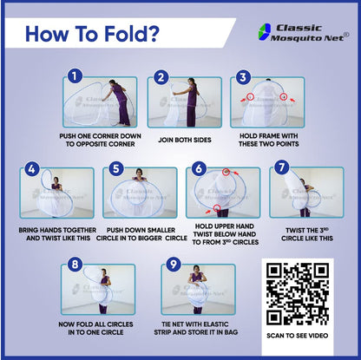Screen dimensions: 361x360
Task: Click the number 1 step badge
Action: pyautogui.click(x=75, y=76)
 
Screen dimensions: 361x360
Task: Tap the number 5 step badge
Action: pyautogui.click(x=116, y=168)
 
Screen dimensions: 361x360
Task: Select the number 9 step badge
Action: pyautogui.click(x=174, y=264)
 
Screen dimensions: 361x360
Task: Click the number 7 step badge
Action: pyautogui.click(x=282, y=167)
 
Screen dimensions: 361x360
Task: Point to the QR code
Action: pyautogui.click(x=298, y=293)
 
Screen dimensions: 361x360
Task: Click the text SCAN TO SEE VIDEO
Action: pyautogui.click(x=298, y=336)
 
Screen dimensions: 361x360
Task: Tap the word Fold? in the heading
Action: pyautogui.click(x=132, y=34)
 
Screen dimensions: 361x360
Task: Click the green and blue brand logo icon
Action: pyautogui.click(x=265, y=32)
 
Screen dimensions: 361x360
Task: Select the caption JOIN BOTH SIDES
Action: pyautogui.click(x=185, y=140)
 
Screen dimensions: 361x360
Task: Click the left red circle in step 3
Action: pyautogui.click(x=251, y=96)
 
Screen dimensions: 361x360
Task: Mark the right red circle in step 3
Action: pyautogui.click(x=284, y=96)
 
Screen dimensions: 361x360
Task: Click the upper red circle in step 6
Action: pyautogui.click(x=226, y=172)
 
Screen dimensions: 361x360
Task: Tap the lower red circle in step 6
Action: pyautogui.click(x=217, y=207)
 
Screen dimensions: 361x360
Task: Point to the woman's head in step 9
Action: pyautogui.click(x=197, y=269)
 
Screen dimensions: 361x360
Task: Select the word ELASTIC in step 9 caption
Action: pyautogui.click(x=214, y=324)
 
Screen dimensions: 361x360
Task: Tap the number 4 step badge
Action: pyautogui.click(x=32, y=168)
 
